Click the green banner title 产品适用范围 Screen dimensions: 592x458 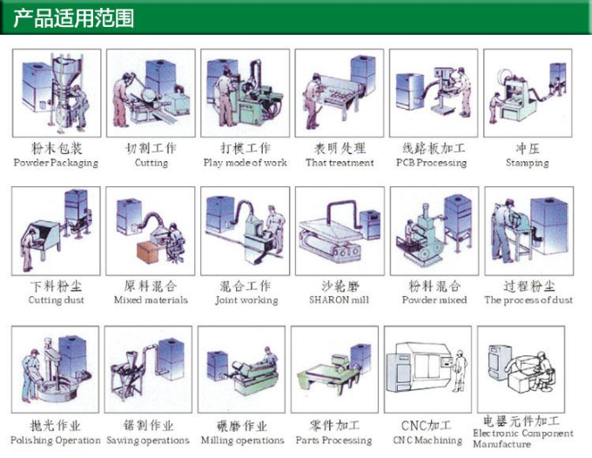point(74,18)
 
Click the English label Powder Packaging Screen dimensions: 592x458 point(56,163)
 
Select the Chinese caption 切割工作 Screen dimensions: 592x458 point(151,148)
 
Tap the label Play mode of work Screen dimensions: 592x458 point(245,163)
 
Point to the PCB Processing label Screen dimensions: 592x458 point(432,163)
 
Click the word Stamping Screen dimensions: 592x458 point(528,163)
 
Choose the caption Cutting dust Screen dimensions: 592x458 point(57,300)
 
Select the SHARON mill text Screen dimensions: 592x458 point(339,300)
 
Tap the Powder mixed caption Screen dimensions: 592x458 point(434,300)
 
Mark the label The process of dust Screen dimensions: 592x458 point(528,300)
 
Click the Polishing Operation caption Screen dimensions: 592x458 point(56,441)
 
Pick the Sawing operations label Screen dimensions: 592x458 point(148,441)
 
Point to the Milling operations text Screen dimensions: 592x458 point(242,441)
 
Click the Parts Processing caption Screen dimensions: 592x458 point(333,441)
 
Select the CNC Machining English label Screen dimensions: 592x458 point(427,441)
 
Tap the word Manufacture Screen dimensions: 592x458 point(501,444)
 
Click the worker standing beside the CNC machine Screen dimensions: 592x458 point(460,371)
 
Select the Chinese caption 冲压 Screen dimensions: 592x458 point(528,148)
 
